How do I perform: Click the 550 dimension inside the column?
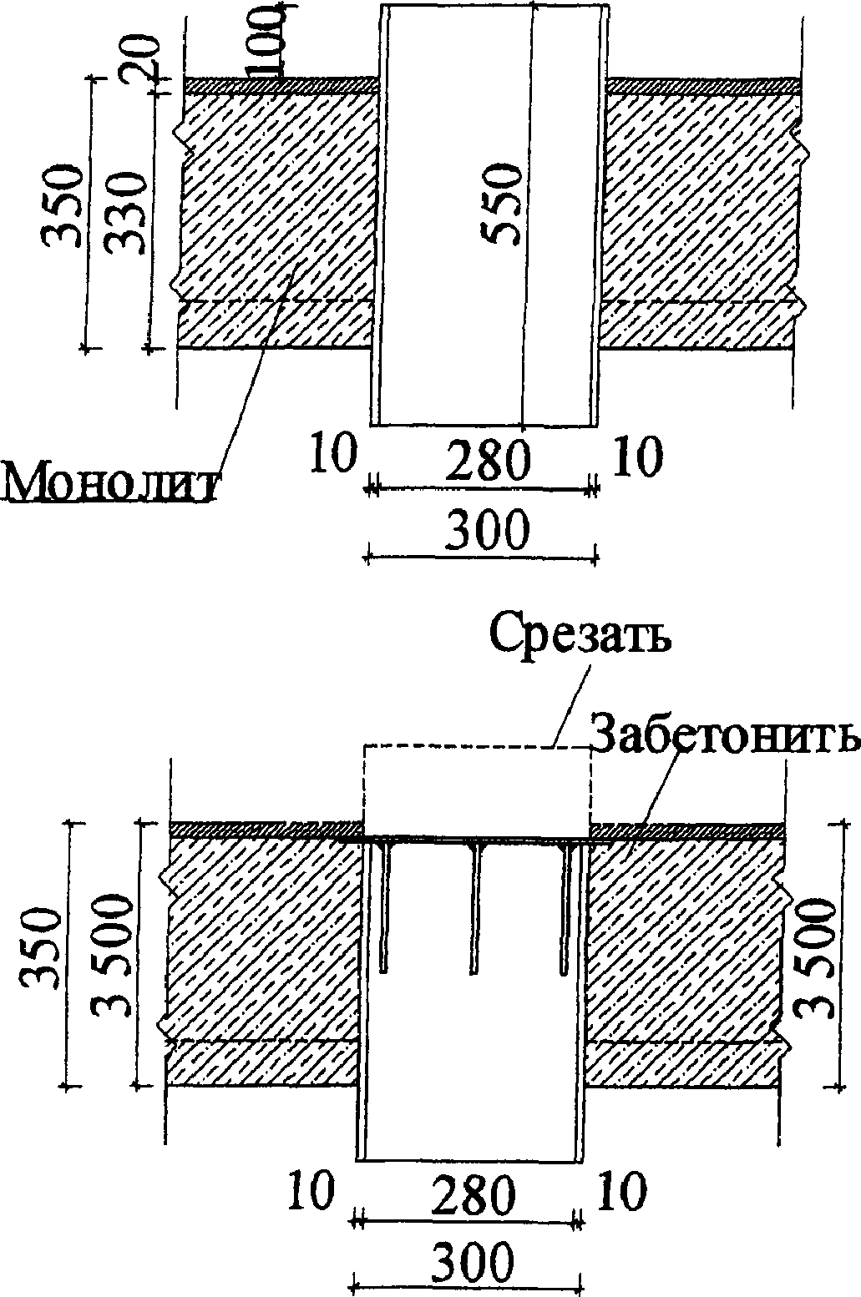(504, 204)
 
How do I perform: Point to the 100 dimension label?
(270, 40)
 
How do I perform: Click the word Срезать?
(580, 635)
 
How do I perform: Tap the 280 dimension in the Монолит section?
(486, 461)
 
